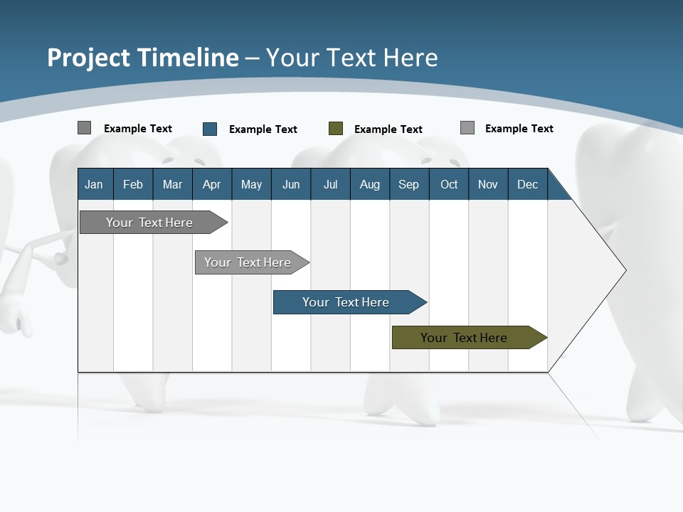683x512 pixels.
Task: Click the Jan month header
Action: (x=94, y=184)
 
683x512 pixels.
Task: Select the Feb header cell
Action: (x=133, y=184)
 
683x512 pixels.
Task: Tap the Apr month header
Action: (x=211, y=184)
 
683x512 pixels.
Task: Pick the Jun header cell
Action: (x=291, y=184)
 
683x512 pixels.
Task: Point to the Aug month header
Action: (x=369, y=184)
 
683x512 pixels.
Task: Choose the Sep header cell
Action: (x=408, y=184)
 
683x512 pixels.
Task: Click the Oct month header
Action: (x=449, y=184)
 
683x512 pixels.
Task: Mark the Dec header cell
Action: (x=527, y=184)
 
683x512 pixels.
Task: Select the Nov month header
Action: (x=488, y=184)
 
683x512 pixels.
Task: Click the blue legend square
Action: (x=210, y=129)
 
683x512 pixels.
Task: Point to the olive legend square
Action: (x=336, y=129)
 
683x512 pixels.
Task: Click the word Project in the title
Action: (x=89, y=58)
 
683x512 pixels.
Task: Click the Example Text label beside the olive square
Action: (x=388, y=129)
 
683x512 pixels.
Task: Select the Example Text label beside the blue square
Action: (x=263, y=129)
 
